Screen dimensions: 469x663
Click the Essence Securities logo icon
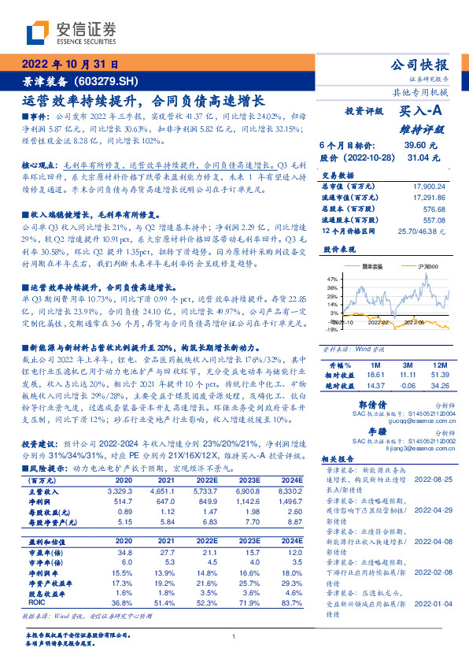tap(39, 33)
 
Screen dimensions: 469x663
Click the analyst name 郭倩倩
tap(363, 402)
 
